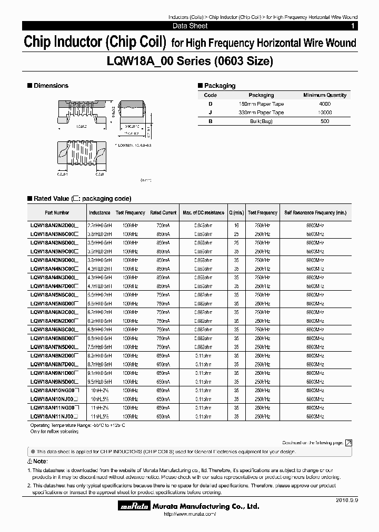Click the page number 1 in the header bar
click(352, 26)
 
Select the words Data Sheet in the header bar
click(189, 26)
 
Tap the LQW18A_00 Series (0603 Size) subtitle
click(189, 61)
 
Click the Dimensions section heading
click(51, 86)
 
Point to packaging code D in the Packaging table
click(210, 104)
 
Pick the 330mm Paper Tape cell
click(261, 112)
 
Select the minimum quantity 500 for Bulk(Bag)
click(325, 121)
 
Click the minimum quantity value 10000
click(325, 112)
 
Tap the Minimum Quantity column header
click(325, 95)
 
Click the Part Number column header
click(57, 213)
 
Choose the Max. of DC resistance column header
click(203, 213)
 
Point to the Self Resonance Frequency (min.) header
click(315, 213)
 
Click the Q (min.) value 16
click(236, 224)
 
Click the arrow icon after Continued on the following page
click(348, 443)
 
